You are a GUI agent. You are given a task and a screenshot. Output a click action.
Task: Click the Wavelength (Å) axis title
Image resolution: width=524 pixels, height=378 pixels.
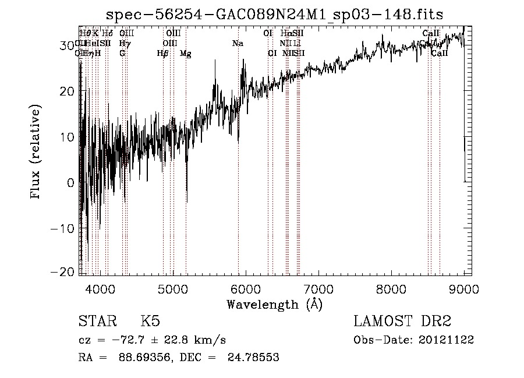click(x=274, y=304)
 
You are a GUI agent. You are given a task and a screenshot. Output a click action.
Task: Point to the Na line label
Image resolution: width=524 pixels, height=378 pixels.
click(x=238, y=44)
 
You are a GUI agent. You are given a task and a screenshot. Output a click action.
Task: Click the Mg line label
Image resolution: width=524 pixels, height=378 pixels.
click(x=185, y=54)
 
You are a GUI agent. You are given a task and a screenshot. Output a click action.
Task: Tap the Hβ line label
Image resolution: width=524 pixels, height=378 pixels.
click(x=162, y=54)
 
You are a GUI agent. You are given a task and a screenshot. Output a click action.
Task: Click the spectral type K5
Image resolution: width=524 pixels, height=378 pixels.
click(x=150, y=322)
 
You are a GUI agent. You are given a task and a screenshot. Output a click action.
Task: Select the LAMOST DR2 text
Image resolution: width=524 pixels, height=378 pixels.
click(x=402, y=322)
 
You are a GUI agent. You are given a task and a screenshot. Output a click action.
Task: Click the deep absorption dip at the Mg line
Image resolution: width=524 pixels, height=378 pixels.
click(x=186, y=198)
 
